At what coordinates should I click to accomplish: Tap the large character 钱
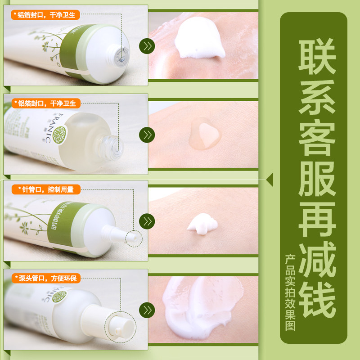(x=317, y=301)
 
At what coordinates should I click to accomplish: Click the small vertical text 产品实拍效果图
(x=290, y=292)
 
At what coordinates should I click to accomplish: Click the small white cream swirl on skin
(x=202, y=224)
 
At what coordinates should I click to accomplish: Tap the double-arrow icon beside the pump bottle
(x=147, y=310)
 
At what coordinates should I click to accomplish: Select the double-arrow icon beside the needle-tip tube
(x=147, y=221)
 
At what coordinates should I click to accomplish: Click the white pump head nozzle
(x=118, y=327)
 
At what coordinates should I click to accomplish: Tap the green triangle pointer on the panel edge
(x=270, y=180)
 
